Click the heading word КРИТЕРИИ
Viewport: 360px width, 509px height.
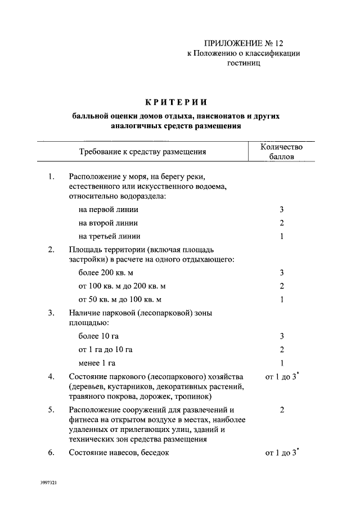[177, 102]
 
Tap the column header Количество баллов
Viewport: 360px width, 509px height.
[281, 152]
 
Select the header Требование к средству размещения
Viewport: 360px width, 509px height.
[142, 152]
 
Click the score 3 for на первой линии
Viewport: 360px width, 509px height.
[281, 209]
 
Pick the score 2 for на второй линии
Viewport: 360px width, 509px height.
[281, 223]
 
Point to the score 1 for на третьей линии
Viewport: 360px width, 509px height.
[281, 236]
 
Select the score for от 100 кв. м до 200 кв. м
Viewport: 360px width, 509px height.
[281, 286]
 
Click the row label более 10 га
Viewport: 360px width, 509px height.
[99, 336]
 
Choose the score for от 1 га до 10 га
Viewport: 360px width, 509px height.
[281, 349]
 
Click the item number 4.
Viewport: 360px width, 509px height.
[51, 376]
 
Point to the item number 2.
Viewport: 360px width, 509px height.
[51, 249]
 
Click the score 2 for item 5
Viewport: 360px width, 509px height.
[281, 411]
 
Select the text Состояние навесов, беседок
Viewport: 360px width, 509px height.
[119, 453]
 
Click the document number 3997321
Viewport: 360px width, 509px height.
[49, 483]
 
